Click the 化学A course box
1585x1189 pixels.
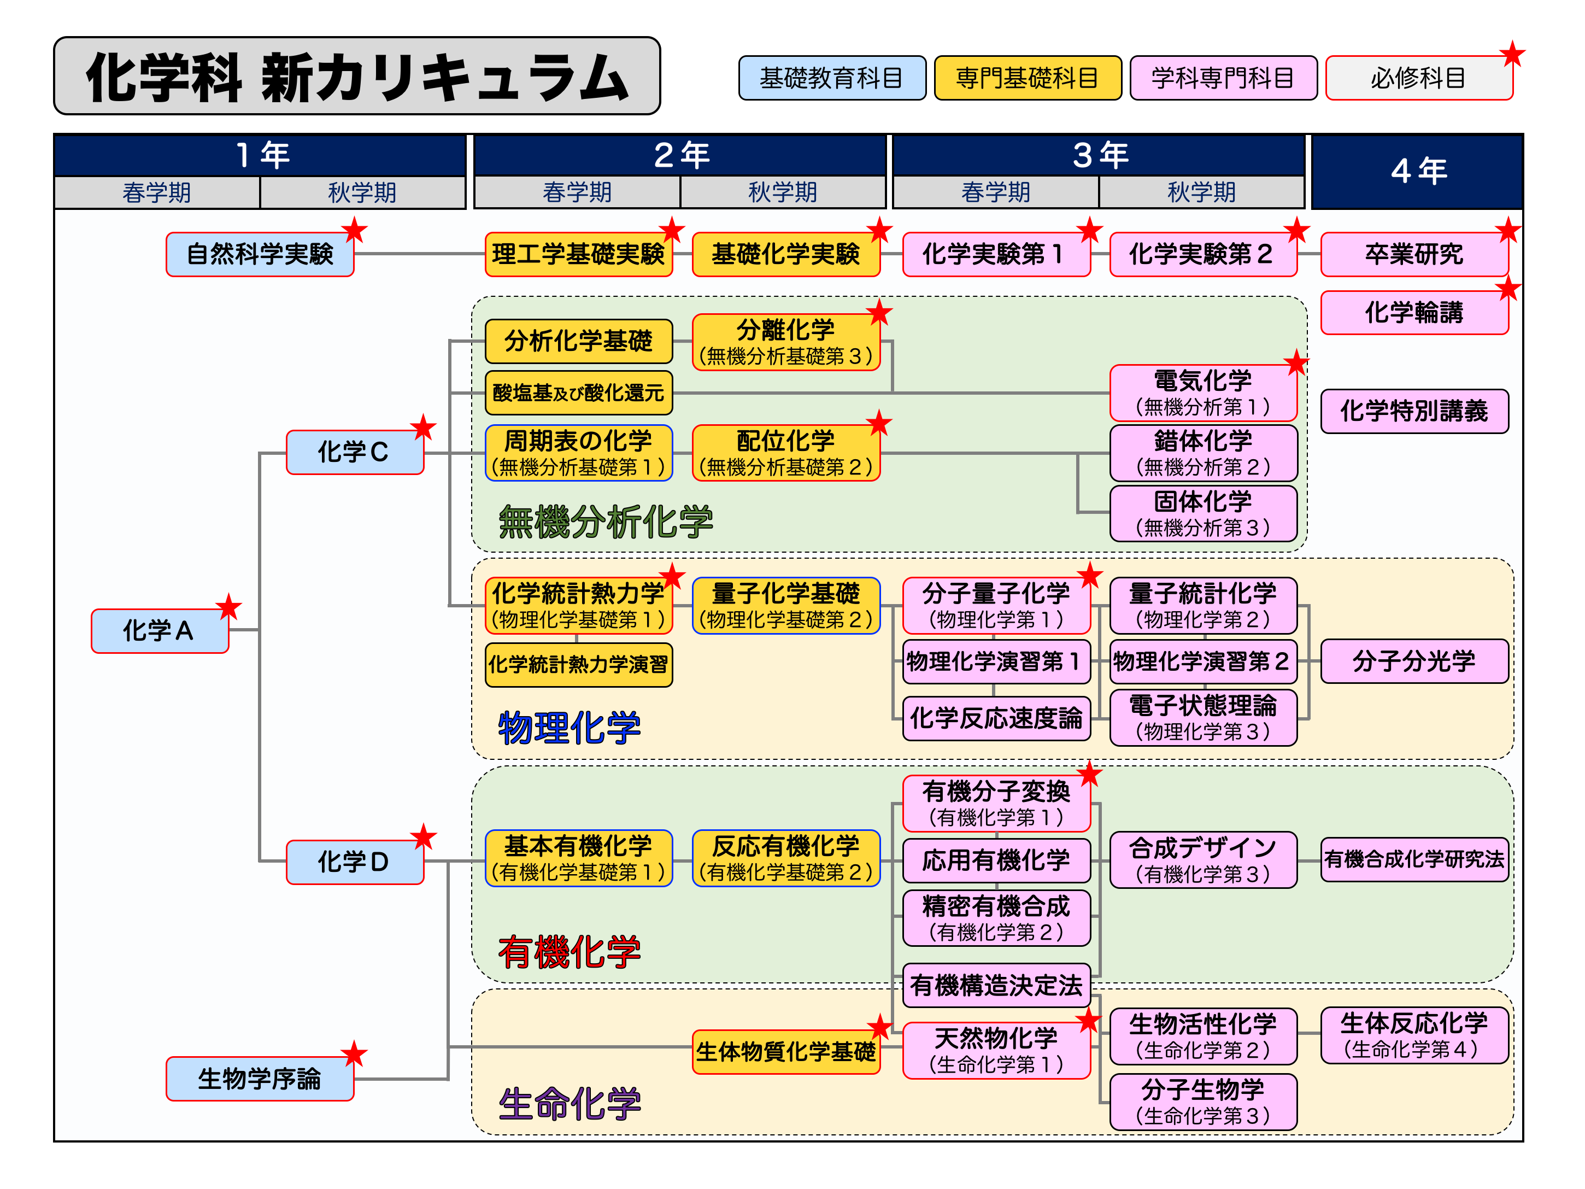pos(159,631)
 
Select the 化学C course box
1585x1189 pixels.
pos(354,452)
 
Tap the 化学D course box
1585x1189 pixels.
pos(354,862)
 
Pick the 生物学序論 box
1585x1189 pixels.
pos(260,1079)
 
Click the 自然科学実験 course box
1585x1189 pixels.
pos(260,254)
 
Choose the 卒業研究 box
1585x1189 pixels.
pos(1414,254)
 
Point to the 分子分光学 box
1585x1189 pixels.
pos(1414,661)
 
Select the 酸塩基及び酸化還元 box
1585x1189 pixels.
pos(578,393)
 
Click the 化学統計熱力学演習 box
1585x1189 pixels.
pos(578,664)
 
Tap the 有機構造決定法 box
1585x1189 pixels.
pos(996,986)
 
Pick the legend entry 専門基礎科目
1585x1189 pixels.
pos(1027,78)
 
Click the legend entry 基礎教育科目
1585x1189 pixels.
pos(831,78)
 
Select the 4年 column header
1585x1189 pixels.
pos(1417,171)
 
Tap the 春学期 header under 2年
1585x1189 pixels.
pos(577,192)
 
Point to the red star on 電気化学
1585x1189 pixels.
pos(1295,362)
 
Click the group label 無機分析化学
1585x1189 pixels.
pos(606,521)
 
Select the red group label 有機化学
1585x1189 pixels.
pos(570,952)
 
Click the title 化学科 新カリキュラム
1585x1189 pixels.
pos(357,77)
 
